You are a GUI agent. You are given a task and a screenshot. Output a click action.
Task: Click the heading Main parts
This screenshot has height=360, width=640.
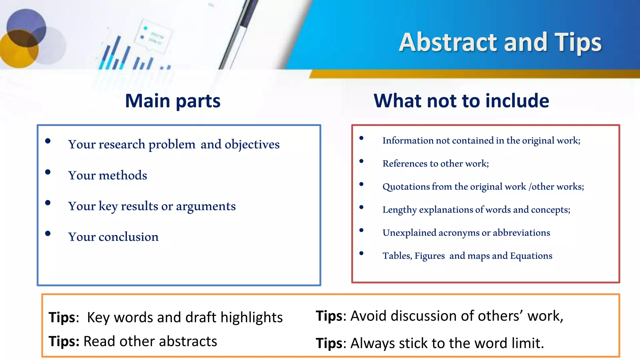click(172, 101)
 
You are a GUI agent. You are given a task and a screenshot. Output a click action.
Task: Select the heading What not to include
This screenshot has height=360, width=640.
click(461, 101)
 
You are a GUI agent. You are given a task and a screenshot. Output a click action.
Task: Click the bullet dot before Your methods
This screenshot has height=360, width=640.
click(48, 172)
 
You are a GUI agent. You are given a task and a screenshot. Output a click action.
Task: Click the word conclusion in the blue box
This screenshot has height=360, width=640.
click(128, 237)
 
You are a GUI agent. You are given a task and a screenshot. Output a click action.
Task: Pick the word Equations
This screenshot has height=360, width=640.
click(531, 256)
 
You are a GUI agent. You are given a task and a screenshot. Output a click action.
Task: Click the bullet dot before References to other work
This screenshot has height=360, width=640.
click(362, 161)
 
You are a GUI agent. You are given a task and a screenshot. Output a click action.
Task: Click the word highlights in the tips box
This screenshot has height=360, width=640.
click(251, 317)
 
